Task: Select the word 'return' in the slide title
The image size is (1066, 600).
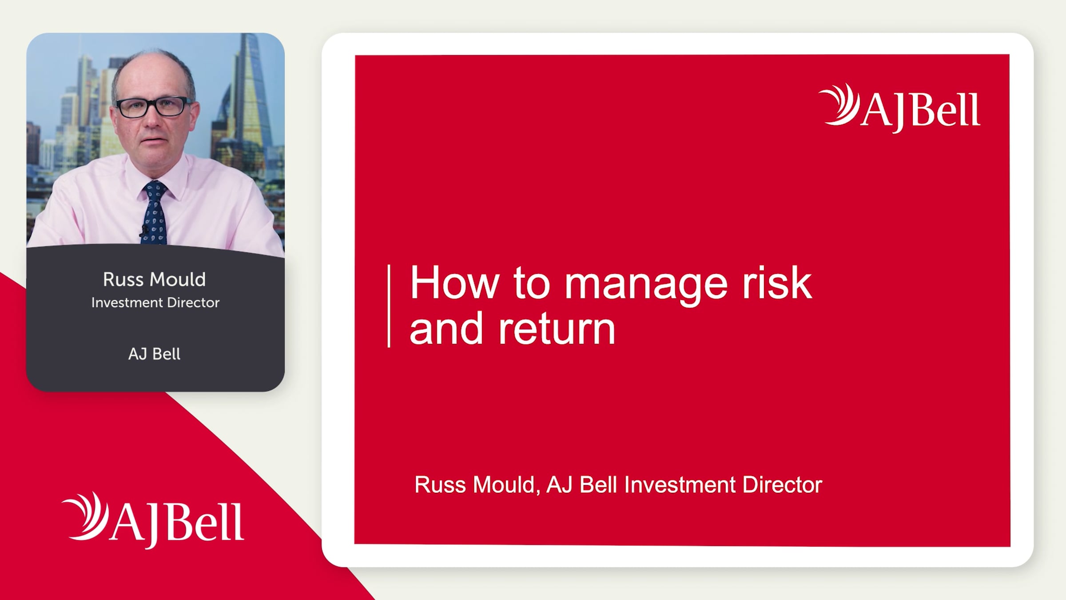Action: [557, 329]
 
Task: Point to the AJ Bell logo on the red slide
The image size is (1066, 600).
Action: [900, 108]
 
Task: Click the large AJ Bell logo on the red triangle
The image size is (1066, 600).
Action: [153, 520]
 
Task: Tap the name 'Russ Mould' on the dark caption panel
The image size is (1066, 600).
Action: [155, 280]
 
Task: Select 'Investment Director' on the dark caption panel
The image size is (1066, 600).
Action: [155, 303]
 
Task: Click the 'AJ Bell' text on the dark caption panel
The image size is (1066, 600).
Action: [155, 354]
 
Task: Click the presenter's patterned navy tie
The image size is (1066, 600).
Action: [155, 213]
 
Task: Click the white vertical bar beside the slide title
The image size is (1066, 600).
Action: [389, 306]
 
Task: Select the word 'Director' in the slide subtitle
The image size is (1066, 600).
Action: [783, 484]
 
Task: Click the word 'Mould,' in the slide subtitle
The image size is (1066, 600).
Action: [506, 485]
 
